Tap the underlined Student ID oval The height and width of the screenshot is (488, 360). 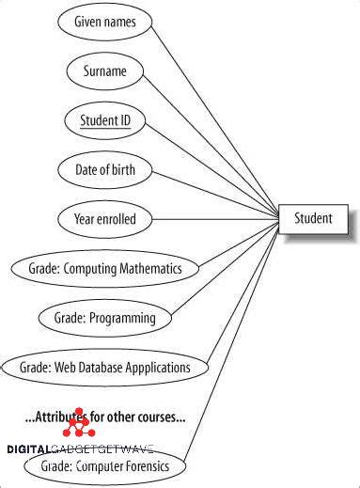[105, 119]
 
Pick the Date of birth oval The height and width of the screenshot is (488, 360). [105, 170]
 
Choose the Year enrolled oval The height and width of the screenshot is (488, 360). [105, 219]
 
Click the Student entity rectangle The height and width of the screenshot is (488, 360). [313, 219]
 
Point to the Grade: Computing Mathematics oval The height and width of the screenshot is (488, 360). [104, 268]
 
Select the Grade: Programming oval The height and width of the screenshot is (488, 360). [104, 318]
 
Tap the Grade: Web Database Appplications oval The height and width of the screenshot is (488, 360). [104, 367]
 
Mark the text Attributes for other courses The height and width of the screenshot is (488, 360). [104, 417]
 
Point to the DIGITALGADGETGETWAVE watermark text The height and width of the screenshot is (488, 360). [80, 450]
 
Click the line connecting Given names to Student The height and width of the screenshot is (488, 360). [216, 114]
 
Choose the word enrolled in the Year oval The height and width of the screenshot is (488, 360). [117, 219]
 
